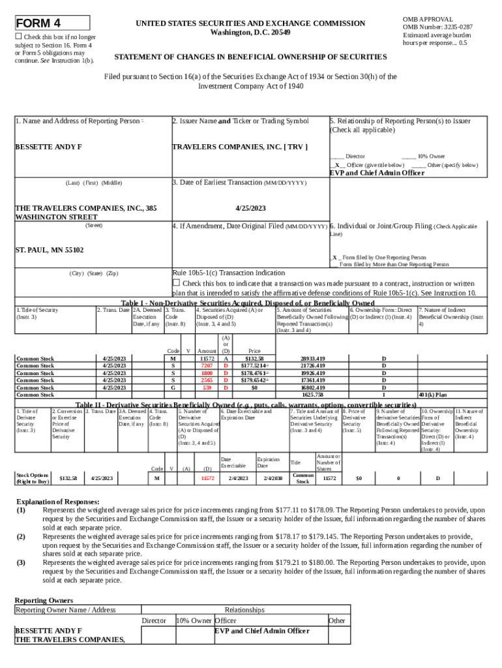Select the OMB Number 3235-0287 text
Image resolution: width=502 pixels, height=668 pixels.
click(x=438, y=27)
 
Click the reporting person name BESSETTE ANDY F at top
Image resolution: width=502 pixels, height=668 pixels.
click(x=48, y=146)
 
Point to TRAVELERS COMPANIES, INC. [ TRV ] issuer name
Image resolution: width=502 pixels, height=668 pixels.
click(x=239, y=146)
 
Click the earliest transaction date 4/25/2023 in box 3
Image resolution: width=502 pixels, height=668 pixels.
click(x=251, y=208)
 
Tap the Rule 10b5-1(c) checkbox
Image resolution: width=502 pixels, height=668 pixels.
click(x=176, y=282)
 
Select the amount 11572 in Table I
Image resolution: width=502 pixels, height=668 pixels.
click(x=207, y=358)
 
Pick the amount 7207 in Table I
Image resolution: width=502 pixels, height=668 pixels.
click(x=207, y=365)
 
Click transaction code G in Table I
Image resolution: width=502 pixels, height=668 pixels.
click(x=173, y=387)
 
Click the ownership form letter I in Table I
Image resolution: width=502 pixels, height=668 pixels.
click(x=383, y=394)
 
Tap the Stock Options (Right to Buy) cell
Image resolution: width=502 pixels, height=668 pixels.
click(x=32, y=478)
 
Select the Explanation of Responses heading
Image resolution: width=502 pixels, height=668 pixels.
click(x=57, y=502)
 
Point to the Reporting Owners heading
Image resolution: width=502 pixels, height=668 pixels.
click(x=44, y=600)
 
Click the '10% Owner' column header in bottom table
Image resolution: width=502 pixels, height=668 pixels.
click(x=194, y=620)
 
